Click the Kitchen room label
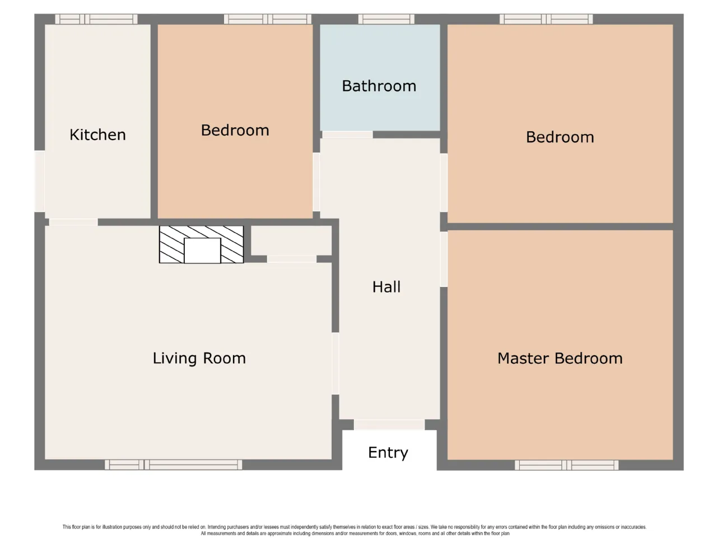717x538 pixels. click(97, 134)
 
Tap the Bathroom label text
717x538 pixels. click(379, 86)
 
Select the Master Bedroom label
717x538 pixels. click(560, 358)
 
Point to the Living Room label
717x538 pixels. click(199, 358)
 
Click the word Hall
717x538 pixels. click(387, 287)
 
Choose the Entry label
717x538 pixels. click(388, 453)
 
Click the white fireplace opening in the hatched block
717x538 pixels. click(202, 251)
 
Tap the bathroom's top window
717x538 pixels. click(387, 19)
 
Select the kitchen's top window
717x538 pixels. click(96, 19)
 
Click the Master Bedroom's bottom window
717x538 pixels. click(566, 465)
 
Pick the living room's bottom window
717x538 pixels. click(174, 465)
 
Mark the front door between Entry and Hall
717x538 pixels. click(389, 425)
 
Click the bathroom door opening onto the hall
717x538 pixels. click(347, 134)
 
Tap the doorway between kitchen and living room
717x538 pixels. click(73, 222)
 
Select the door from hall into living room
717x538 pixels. click(336, 364)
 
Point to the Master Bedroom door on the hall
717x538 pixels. click(444, 259)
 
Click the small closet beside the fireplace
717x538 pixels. click(291, 240)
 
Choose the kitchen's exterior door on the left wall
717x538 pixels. click(40, 181)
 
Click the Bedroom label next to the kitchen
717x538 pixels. click(235, 131)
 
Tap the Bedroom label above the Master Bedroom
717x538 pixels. click(560, 137)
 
